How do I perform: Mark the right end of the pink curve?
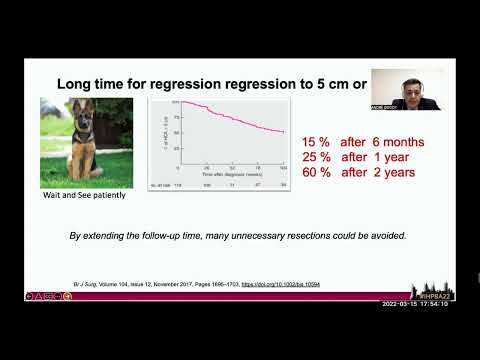[285, 132]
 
